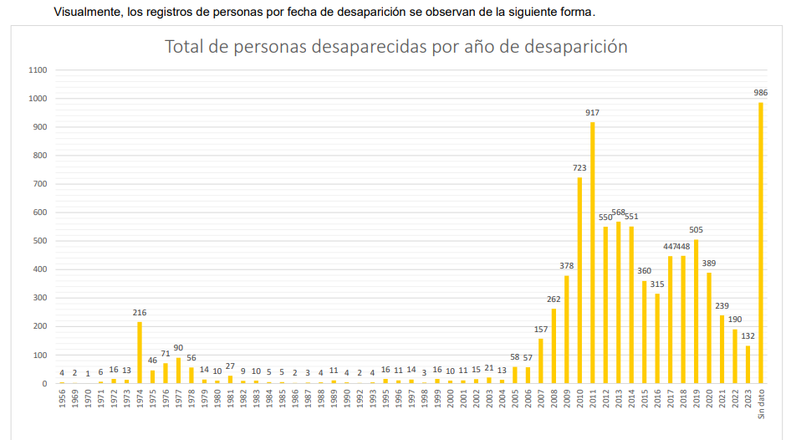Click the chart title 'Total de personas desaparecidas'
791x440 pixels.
tap(395, 46)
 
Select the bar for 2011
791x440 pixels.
tap(592, 253)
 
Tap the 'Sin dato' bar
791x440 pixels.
tap(761, 243)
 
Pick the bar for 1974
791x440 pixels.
tap(140, 352)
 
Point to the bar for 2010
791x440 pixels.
tap(579, 280)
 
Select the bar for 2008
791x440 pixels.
tap(554, 345)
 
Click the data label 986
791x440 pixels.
tap(761, 92)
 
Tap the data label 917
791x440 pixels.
tap(592, 112)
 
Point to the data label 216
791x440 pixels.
tap(140, 312)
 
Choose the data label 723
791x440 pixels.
tap(579, 167)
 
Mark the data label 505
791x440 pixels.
tap(696, 230)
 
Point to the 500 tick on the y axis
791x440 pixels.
tap(38, 241)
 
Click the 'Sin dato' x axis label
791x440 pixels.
tap(761, 405)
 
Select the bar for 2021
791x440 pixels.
tap(722, 349)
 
